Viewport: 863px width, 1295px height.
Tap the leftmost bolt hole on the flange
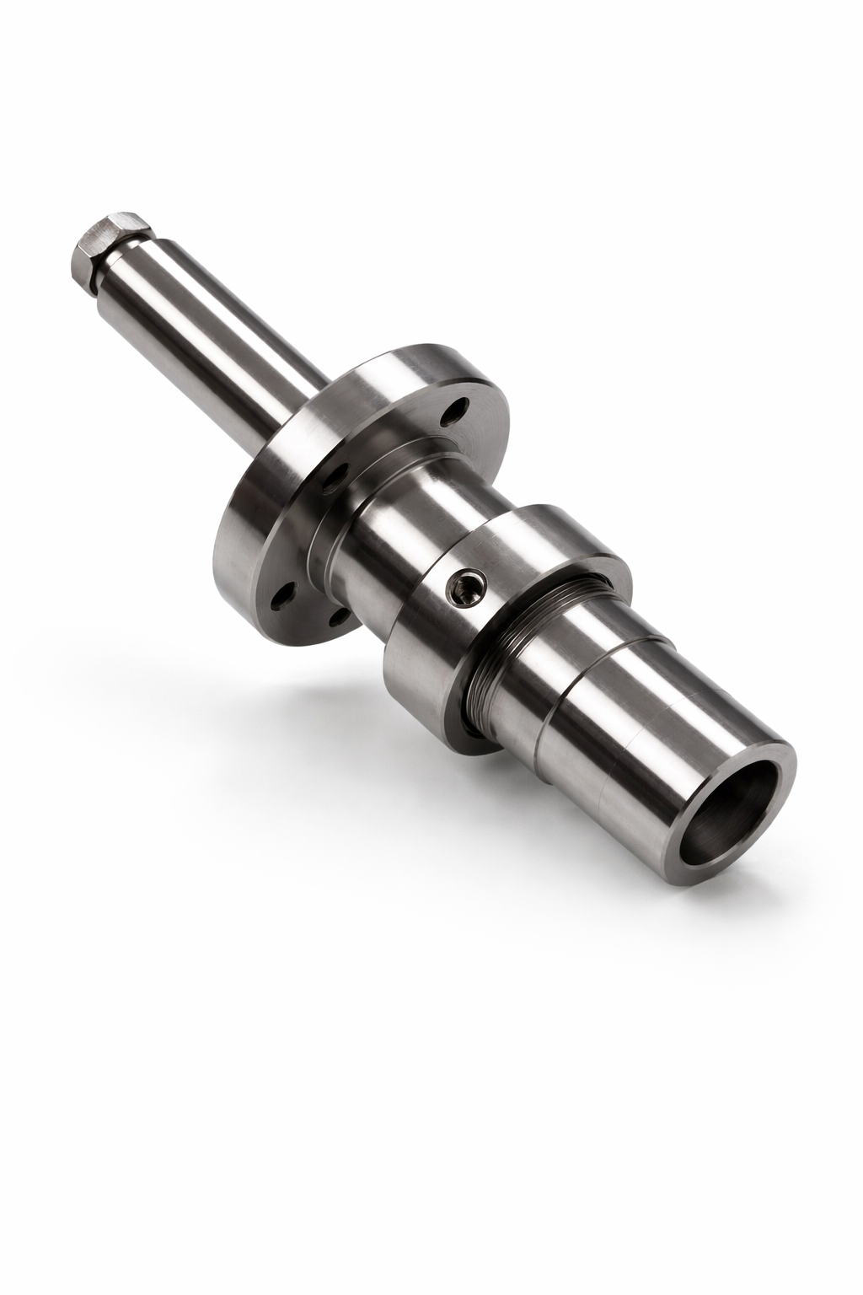pyautogui.click(x=279, y=598)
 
